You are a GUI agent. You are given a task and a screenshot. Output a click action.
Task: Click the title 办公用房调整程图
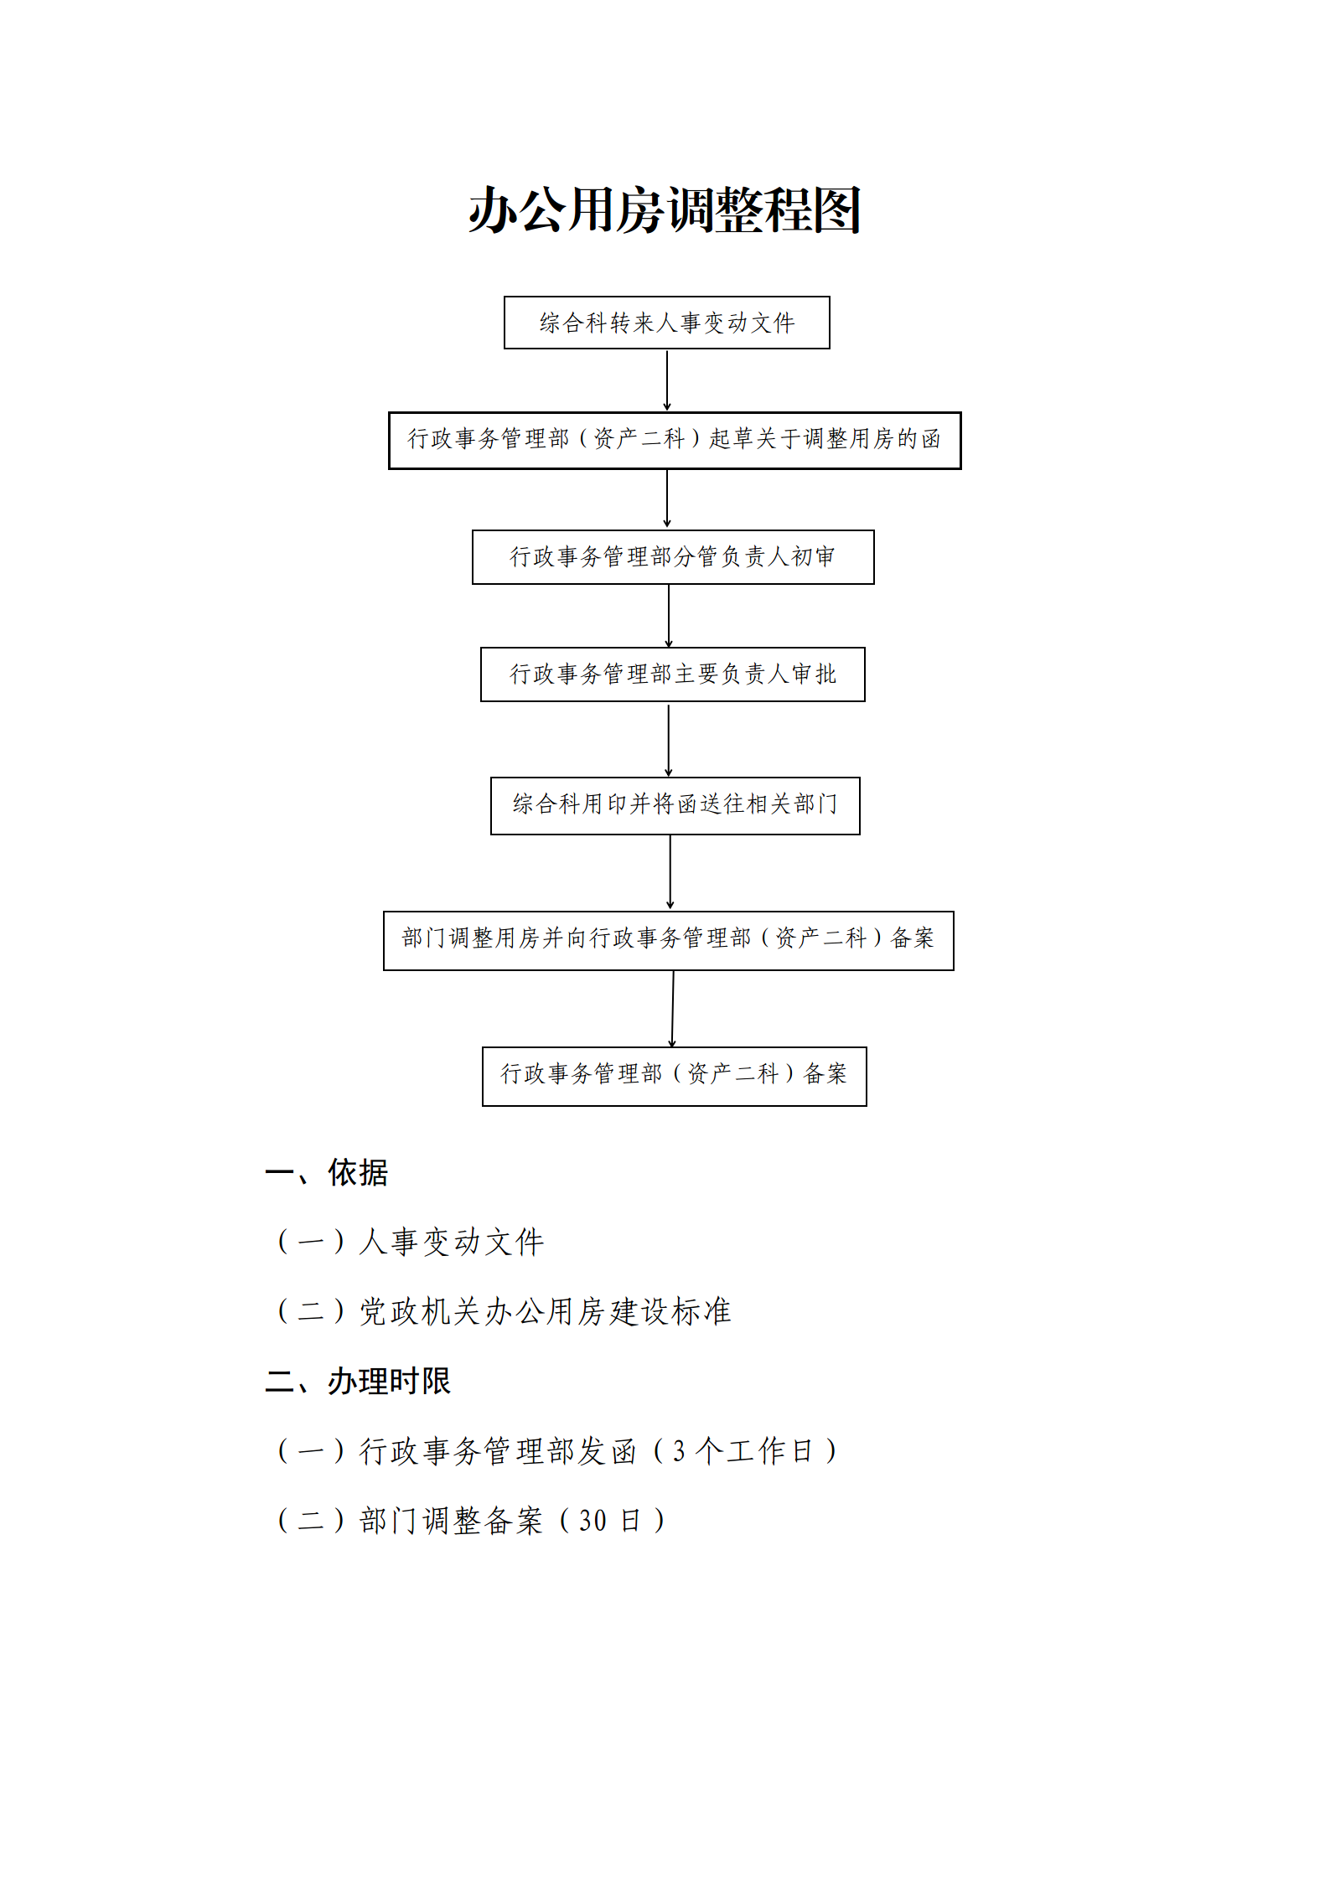coord(665,210)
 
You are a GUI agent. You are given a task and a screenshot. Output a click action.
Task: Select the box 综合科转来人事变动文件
coord(666,323)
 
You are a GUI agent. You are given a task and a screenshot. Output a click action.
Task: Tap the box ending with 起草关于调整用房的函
coord(675,441)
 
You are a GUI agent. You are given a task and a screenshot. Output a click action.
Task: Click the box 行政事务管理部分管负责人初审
coord(673,557)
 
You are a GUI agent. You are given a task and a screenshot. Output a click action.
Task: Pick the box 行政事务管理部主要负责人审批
coord(672,674)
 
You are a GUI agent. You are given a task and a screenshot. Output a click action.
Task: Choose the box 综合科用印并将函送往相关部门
coord(675,806)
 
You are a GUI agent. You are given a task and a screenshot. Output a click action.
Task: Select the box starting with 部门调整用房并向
coord(668,941)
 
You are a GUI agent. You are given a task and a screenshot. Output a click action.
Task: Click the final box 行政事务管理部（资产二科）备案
coord(674,1077)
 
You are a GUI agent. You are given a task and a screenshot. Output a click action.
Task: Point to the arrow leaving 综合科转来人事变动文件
coord(667,380)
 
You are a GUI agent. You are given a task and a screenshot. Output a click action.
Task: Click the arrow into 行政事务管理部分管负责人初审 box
coord(667,499)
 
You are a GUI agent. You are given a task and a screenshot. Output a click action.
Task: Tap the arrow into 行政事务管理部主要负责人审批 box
coord(669,616)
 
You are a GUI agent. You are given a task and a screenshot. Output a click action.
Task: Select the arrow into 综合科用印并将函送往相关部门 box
coord(669,740)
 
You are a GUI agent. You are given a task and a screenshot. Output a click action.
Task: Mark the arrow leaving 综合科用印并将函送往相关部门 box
coord(670,873)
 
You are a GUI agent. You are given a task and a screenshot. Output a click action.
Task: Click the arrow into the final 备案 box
coord(672,1009)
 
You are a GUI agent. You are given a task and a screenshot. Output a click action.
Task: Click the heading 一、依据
coord(326,1173)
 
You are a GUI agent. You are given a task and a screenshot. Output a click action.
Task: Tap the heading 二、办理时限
coord(358,1382)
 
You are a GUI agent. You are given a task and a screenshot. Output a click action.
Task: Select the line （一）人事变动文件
coord(411,1242)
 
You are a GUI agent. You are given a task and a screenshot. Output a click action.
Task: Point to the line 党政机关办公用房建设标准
coord(546,1312)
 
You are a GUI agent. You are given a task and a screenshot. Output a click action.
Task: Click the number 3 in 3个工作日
coord(679,1450)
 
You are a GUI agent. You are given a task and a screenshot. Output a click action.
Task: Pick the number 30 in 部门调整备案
coord(593,1520)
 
